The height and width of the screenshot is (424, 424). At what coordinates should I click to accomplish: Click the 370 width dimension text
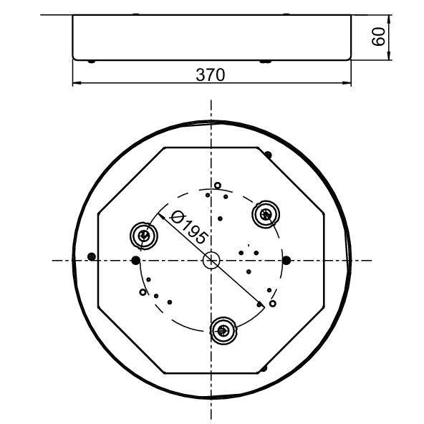coord(211,74)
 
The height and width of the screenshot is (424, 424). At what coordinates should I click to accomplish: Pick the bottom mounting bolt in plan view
coord(223,330)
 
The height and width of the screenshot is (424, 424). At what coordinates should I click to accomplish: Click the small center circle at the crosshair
coord(211,260)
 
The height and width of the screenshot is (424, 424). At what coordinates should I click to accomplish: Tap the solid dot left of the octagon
coord(90,256)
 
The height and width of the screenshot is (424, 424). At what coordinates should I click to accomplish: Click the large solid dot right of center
coord(286,259)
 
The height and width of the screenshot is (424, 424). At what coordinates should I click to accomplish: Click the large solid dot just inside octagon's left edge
coord(135,259)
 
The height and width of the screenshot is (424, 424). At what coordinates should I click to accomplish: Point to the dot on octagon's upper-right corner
coord(268,154)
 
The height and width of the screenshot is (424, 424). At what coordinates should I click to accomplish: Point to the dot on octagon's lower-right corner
coord(264,368)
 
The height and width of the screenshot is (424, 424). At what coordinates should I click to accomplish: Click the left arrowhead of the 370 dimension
coord(77,85)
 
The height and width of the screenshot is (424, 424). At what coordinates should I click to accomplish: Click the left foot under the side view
coord(92,61)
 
